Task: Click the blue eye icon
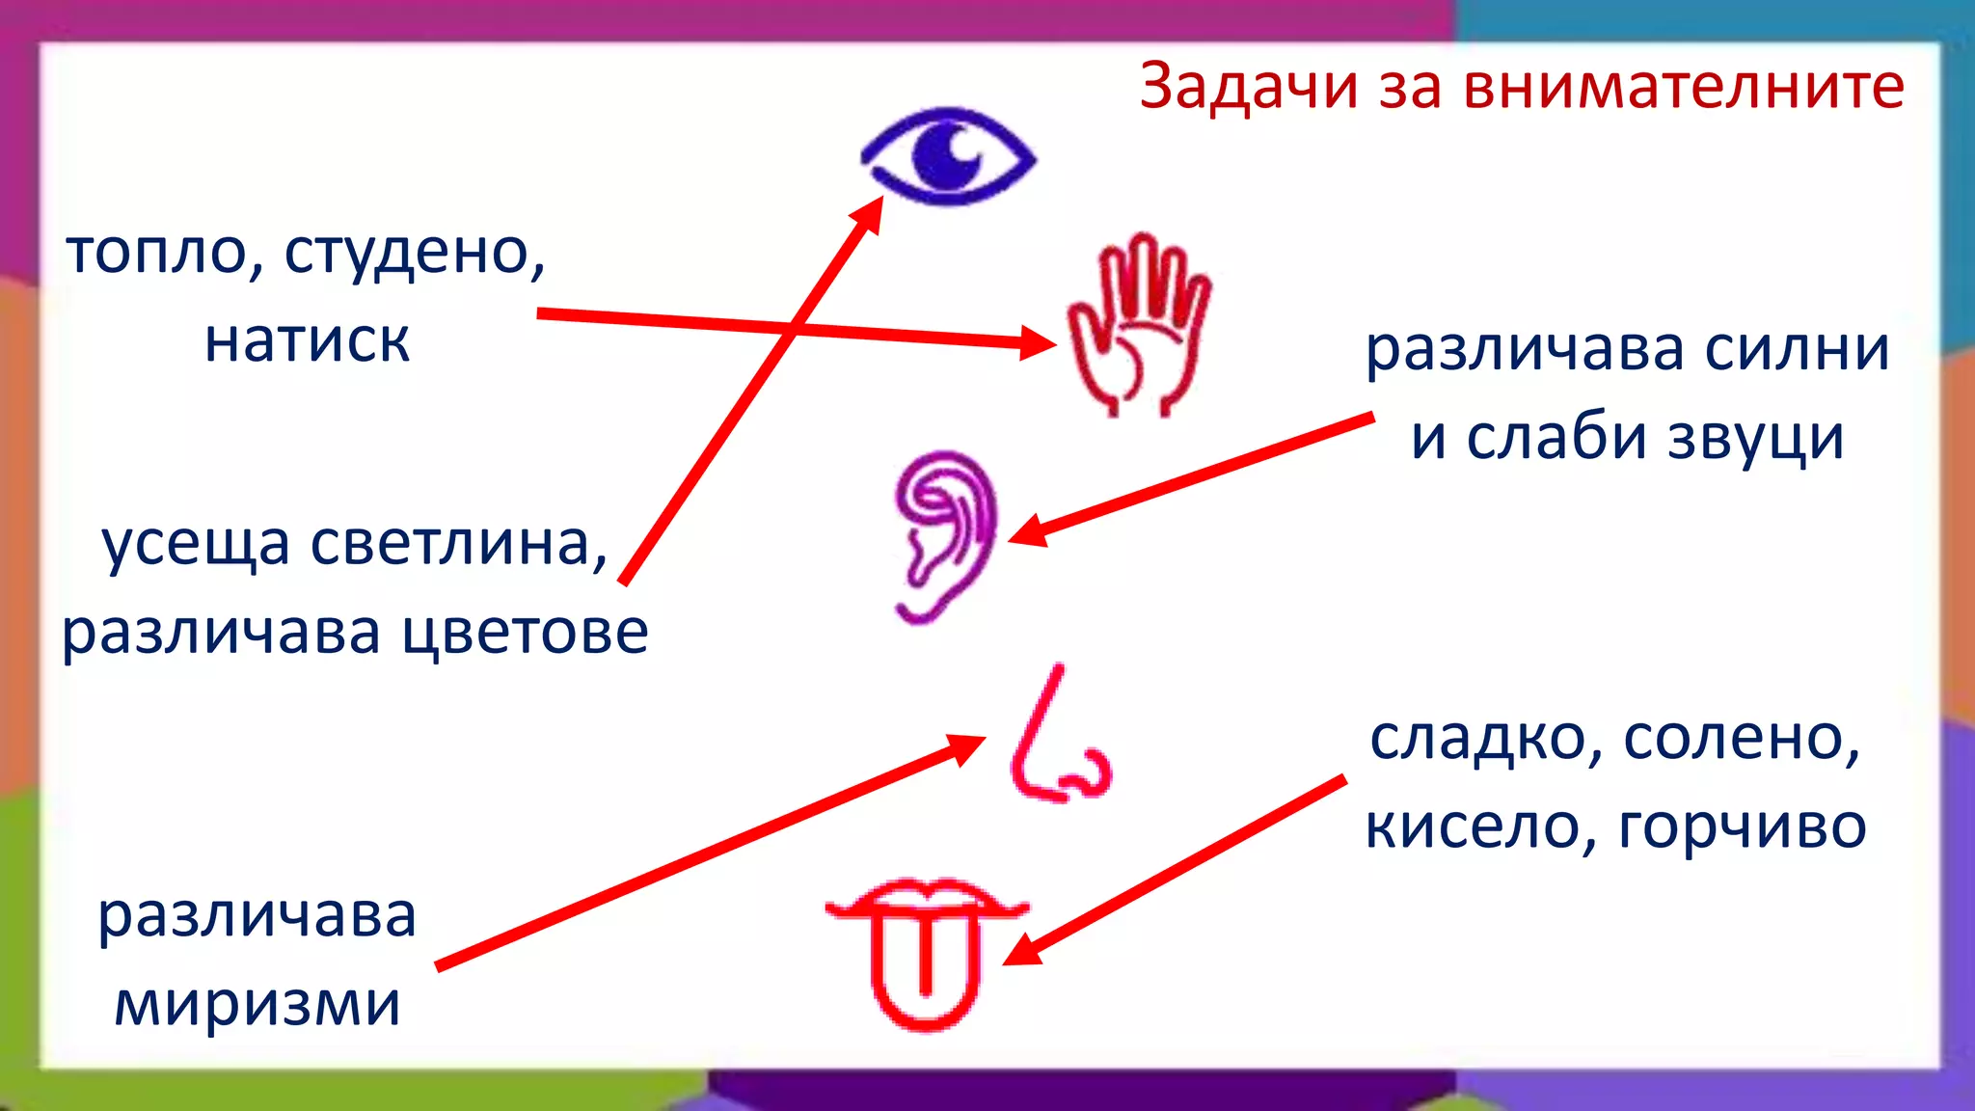pos(948,156)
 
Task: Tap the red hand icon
pos(1139,324)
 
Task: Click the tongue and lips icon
pos(927,950)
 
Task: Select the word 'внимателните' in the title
pos(1684,87)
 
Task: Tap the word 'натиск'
pos(307,340)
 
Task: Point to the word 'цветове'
pos(526,633)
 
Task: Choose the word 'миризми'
pos(257,1004)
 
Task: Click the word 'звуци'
pos(1755,438)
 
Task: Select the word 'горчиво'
pos(1742,827)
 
